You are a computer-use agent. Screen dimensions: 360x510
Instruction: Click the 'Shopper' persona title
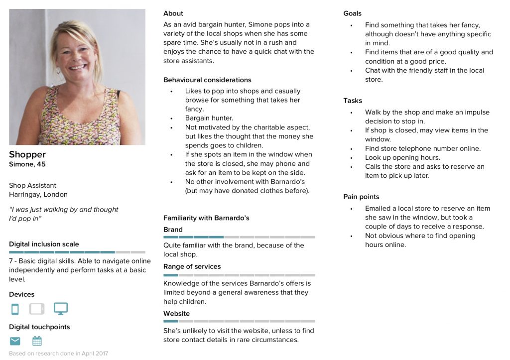click(27, 154)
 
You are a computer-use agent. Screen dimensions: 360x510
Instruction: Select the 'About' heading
click(173, 13)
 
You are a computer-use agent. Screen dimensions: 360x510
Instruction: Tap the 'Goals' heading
click(353, 13)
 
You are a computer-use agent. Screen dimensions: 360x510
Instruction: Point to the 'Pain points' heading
click(361, 197)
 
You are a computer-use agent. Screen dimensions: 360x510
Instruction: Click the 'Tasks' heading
click(353, 101)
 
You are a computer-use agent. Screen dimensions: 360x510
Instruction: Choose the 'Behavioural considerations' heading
click(207, 80)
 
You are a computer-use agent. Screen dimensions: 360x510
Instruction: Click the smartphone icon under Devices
click(15, 309)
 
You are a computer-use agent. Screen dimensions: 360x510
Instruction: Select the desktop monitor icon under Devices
click(61, 309)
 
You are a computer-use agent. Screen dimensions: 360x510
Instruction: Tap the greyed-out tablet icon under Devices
click(37, 309)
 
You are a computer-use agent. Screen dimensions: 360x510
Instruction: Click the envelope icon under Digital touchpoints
click(15, 341)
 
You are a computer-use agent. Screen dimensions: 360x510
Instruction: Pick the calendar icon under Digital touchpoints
click(37, 341)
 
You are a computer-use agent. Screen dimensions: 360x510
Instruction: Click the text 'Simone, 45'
click(27, 164)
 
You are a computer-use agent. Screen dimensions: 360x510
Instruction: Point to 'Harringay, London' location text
click(38, 194)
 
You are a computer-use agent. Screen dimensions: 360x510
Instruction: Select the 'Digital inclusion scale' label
click(44, 244)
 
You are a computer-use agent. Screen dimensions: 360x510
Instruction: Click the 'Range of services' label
click(192, 266)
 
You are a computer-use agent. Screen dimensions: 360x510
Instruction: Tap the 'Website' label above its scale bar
click(176, 313)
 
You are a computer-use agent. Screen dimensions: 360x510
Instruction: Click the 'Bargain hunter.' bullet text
click(209, 118)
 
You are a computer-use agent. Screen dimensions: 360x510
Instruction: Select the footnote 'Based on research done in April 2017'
click(58, 354)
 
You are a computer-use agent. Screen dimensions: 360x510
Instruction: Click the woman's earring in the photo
click(58, 71)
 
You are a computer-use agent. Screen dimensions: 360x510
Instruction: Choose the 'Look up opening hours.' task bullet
click(402, 157)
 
